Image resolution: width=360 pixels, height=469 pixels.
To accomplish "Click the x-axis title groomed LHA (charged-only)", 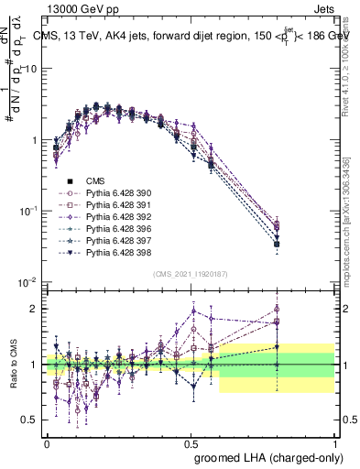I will coord(265,456).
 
